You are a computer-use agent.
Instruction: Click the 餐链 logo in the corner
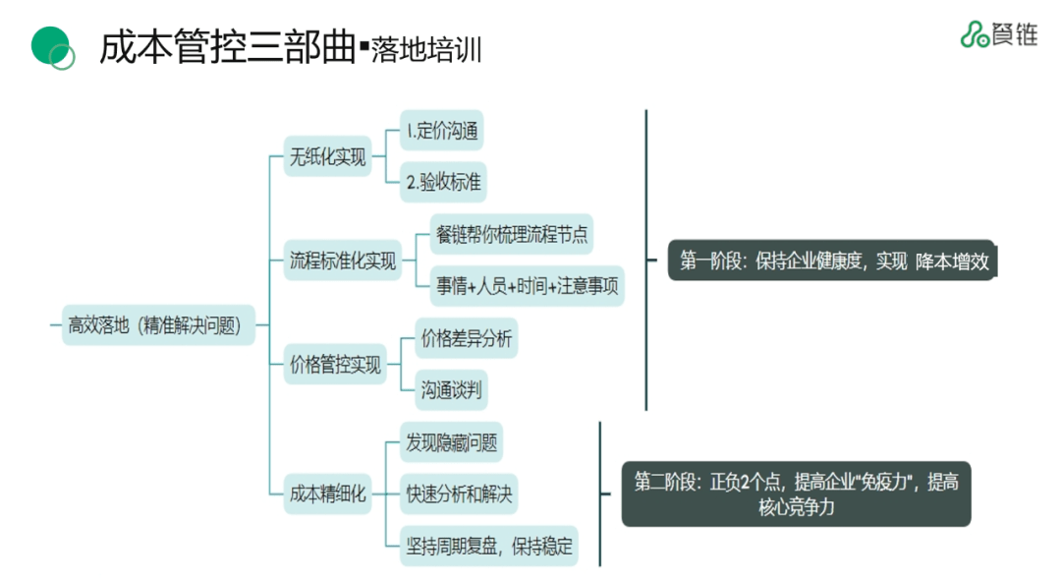(x=998, y=33)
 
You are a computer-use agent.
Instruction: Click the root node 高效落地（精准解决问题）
(x=154, y=324)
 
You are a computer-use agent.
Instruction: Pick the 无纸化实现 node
(x=327, y=157)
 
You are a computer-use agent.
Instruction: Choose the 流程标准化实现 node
(x=343, y=261)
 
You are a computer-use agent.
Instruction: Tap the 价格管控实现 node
(x=335, y=365)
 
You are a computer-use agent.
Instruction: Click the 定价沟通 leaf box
(x=442, y=130)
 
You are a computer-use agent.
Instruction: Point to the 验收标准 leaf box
(x=442, y=182)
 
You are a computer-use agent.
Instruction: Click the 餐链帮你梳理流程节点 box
(x=512, y=234)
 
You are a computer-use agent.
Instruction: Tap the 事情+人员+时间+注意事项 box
(x=528, y=286)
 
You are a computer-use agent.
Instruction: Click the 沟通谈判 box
(x=451, y=390)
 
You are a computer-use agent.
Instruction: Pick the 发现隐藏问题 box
(x=451, y=442)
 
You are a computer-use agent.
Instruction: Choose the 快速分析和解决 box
(x=459, y=494)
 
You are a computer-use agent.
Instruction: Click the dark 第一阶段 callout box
(x=832, y=261)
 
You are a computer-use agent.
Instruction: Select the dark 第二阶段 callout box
(x=796, y=494)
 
